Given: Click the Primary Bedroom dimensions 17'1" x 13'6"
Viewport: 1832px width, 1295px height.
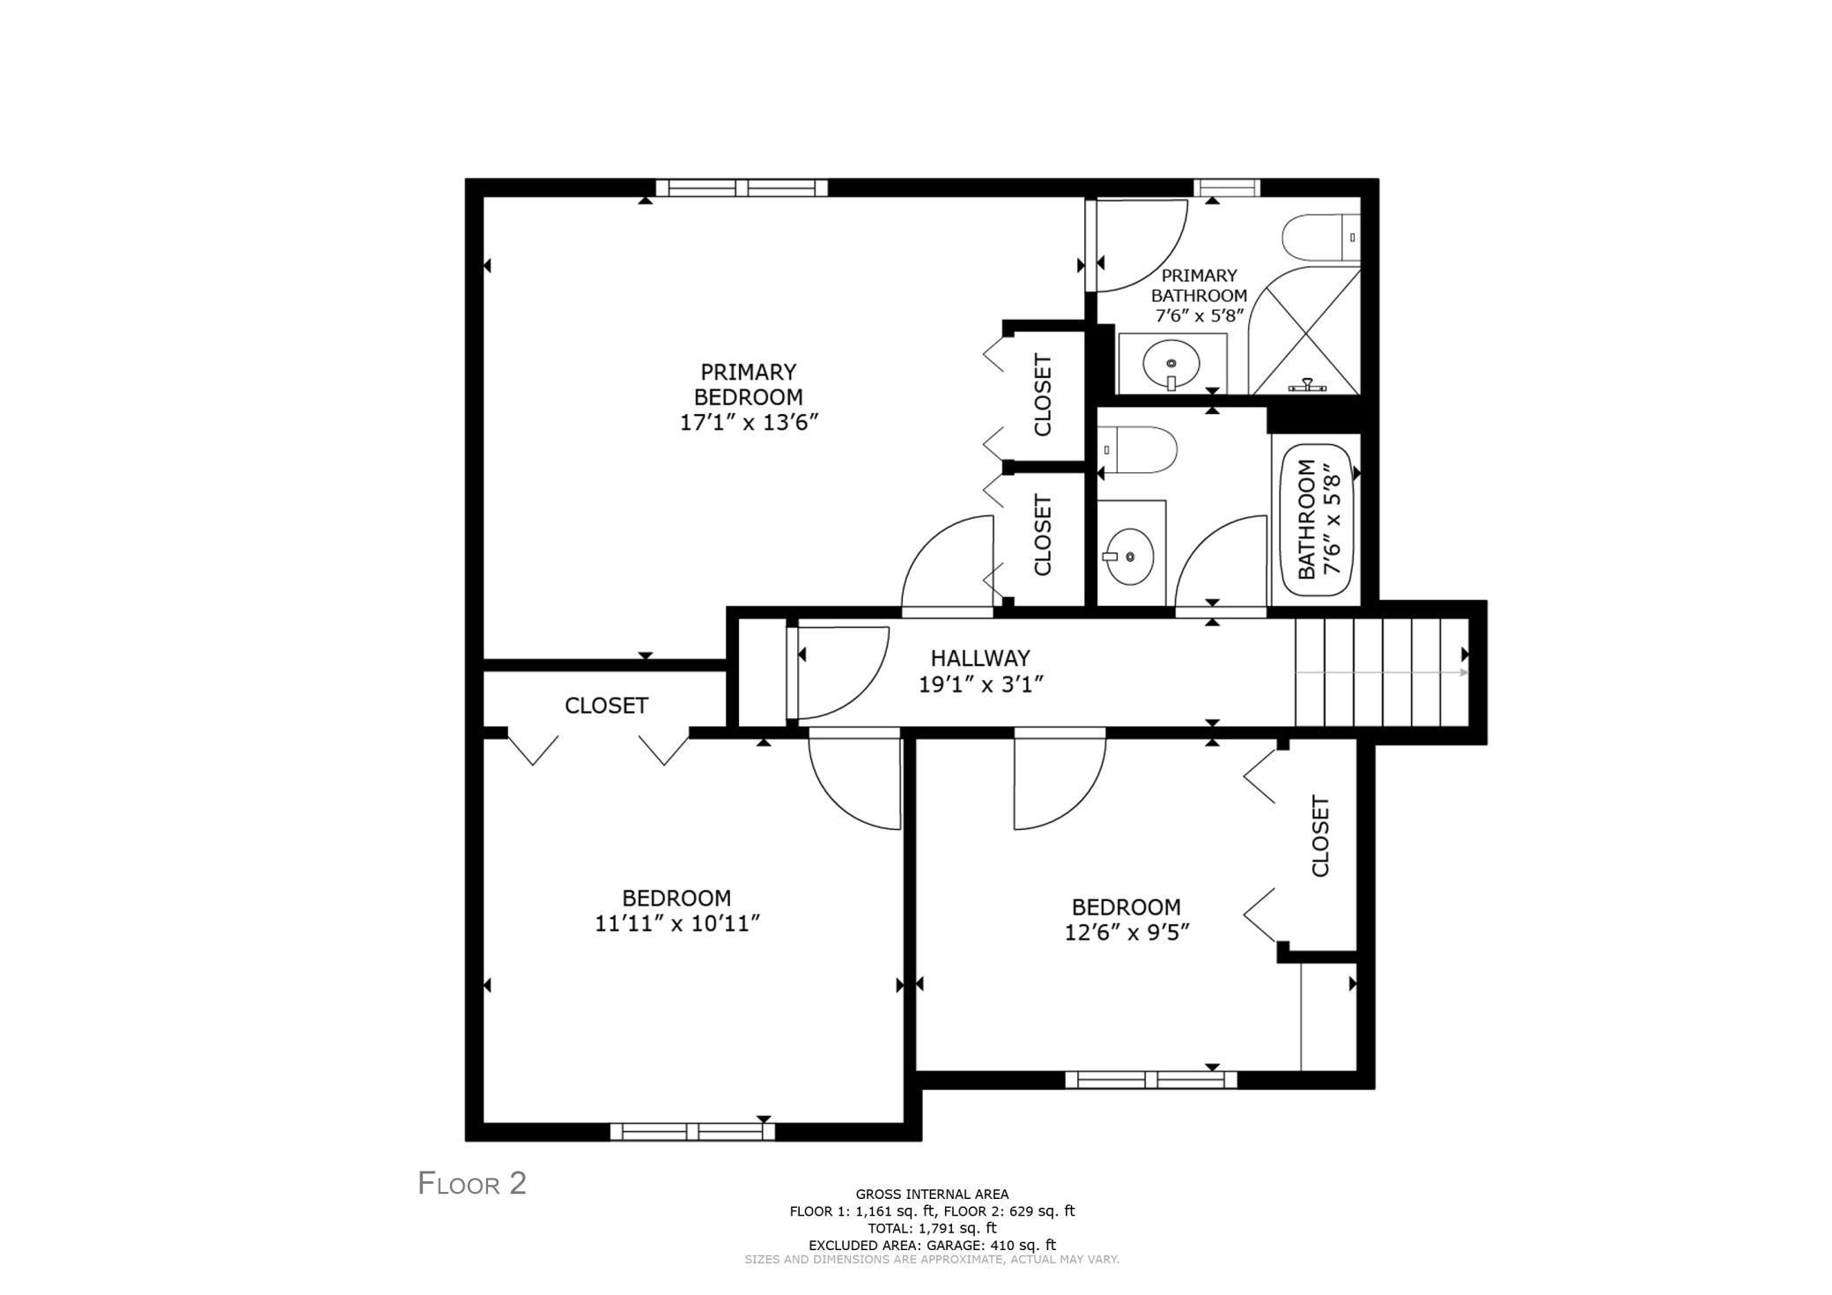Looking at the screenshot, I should [x=749, y=422].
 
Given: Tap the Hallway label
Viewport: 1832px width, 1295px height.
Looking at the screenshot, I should [x=979, y=658].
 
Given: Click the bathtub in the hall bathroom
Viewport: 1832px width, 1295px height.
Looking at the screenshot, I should [x=1316, y=520].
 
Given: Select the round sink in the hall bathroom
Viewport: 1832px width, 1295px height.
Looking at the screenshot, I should [x=1130, y=556].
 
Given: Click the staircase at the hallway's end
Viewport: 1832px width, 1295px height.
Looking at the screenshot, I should [x=1380, y=672].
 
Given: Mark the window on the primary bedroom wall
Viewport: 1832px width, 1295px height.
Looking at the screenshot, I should [x=742, y=188].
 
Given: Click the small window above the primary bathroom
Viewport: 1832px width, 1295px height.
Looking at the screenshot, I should [x=1226, y=188].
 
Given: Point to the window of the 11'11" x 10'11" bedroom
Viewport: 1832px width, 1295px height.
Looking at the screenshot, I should [x=692, y=1131].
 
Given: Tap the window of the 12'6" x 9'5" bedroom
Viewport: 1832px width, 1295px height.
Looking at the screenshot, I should [x=1150, y=1079].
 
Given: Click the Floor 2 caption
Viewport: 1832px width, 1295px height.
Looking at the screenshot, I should [x=472, y=1183].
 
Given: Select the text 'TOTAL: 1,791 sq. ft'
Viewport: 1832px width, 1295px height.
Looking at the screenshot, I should [x=932, y=1227].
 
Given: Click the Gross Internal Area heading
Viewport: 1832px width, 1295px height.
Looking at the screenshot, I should [x=932, y=1195].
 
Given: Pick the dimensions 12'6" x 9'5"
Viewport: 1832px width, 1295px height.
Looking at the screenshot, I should [x=1127, y=932].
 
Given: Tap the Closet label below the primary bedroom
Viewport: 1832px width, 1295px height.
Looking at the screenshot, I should [x=606, y=706].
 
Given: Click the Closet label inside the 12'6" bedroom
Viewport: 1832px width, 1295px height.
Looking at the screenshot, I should [x=1319, y=836].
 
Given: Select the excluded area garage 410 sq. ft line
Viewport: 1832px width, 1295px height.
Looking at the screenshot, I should [x=932, y=1244].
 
